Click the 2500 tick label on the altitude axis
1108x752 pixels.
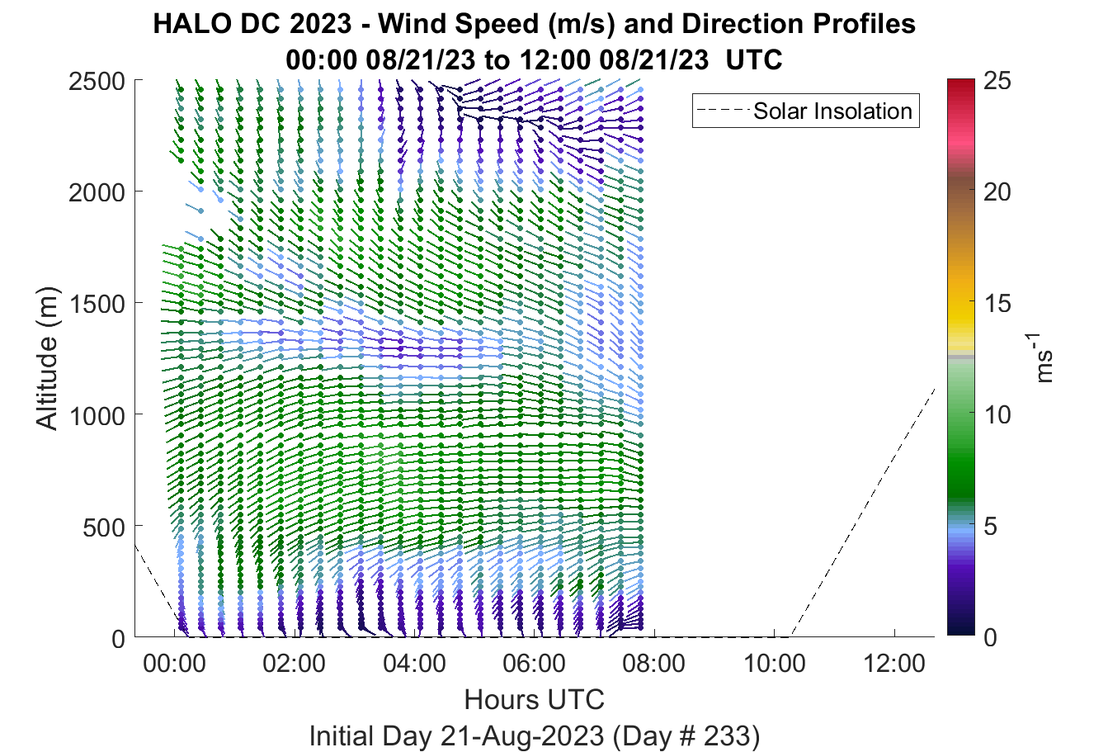pos(97,81)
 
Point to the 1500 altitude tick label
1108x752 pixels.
pos(97,304)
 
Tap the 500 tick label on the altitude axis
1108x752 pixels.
pos(104,527)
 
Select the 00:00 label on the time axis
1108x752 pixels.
pos(174,664)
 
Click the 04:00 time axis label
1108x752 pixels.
pos(414,664)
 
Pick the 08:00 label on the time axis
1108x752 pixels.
pos(654,664)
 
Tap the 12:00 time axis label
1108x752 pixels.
pos(893,664)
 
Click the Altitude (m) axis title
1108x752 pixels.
pos(47,358)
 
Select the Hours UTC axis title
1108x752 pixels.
pos(535,700)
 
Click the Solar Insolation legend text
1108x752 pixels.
pos(832,111)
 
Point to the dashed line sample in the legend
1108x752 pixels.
pos(724,111)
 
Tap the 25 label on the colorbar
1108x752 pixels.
pos(997,81)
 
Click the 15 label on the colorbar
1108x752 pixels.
pos(997,303)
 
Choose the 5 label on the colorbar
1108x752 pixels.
pos(990,527)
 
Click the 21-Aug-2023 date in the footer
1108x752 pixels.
pos(522,736)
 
